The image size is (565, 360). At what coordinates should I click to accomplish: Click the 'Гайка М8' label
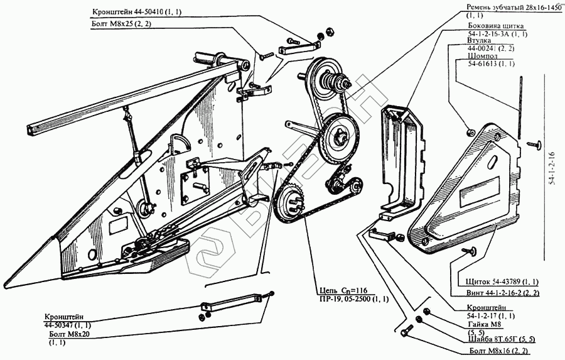click(x=482, y=325)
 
